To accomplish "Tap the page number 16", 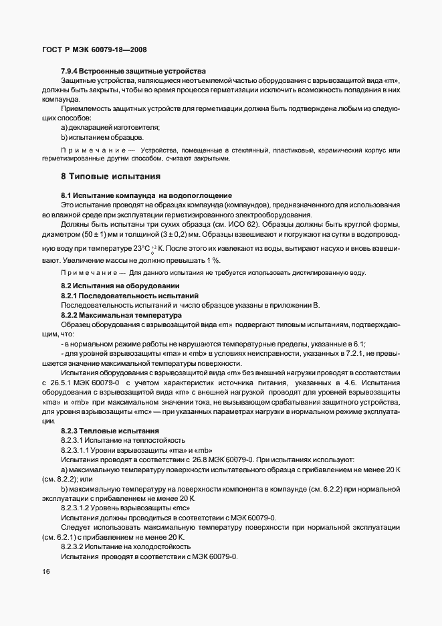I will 45,572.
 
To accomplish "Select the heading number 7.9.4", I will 71,71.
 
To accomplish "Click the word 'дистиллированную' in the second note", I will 308,273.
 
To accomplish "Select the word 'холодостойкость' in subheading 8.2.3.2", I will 148,546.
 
